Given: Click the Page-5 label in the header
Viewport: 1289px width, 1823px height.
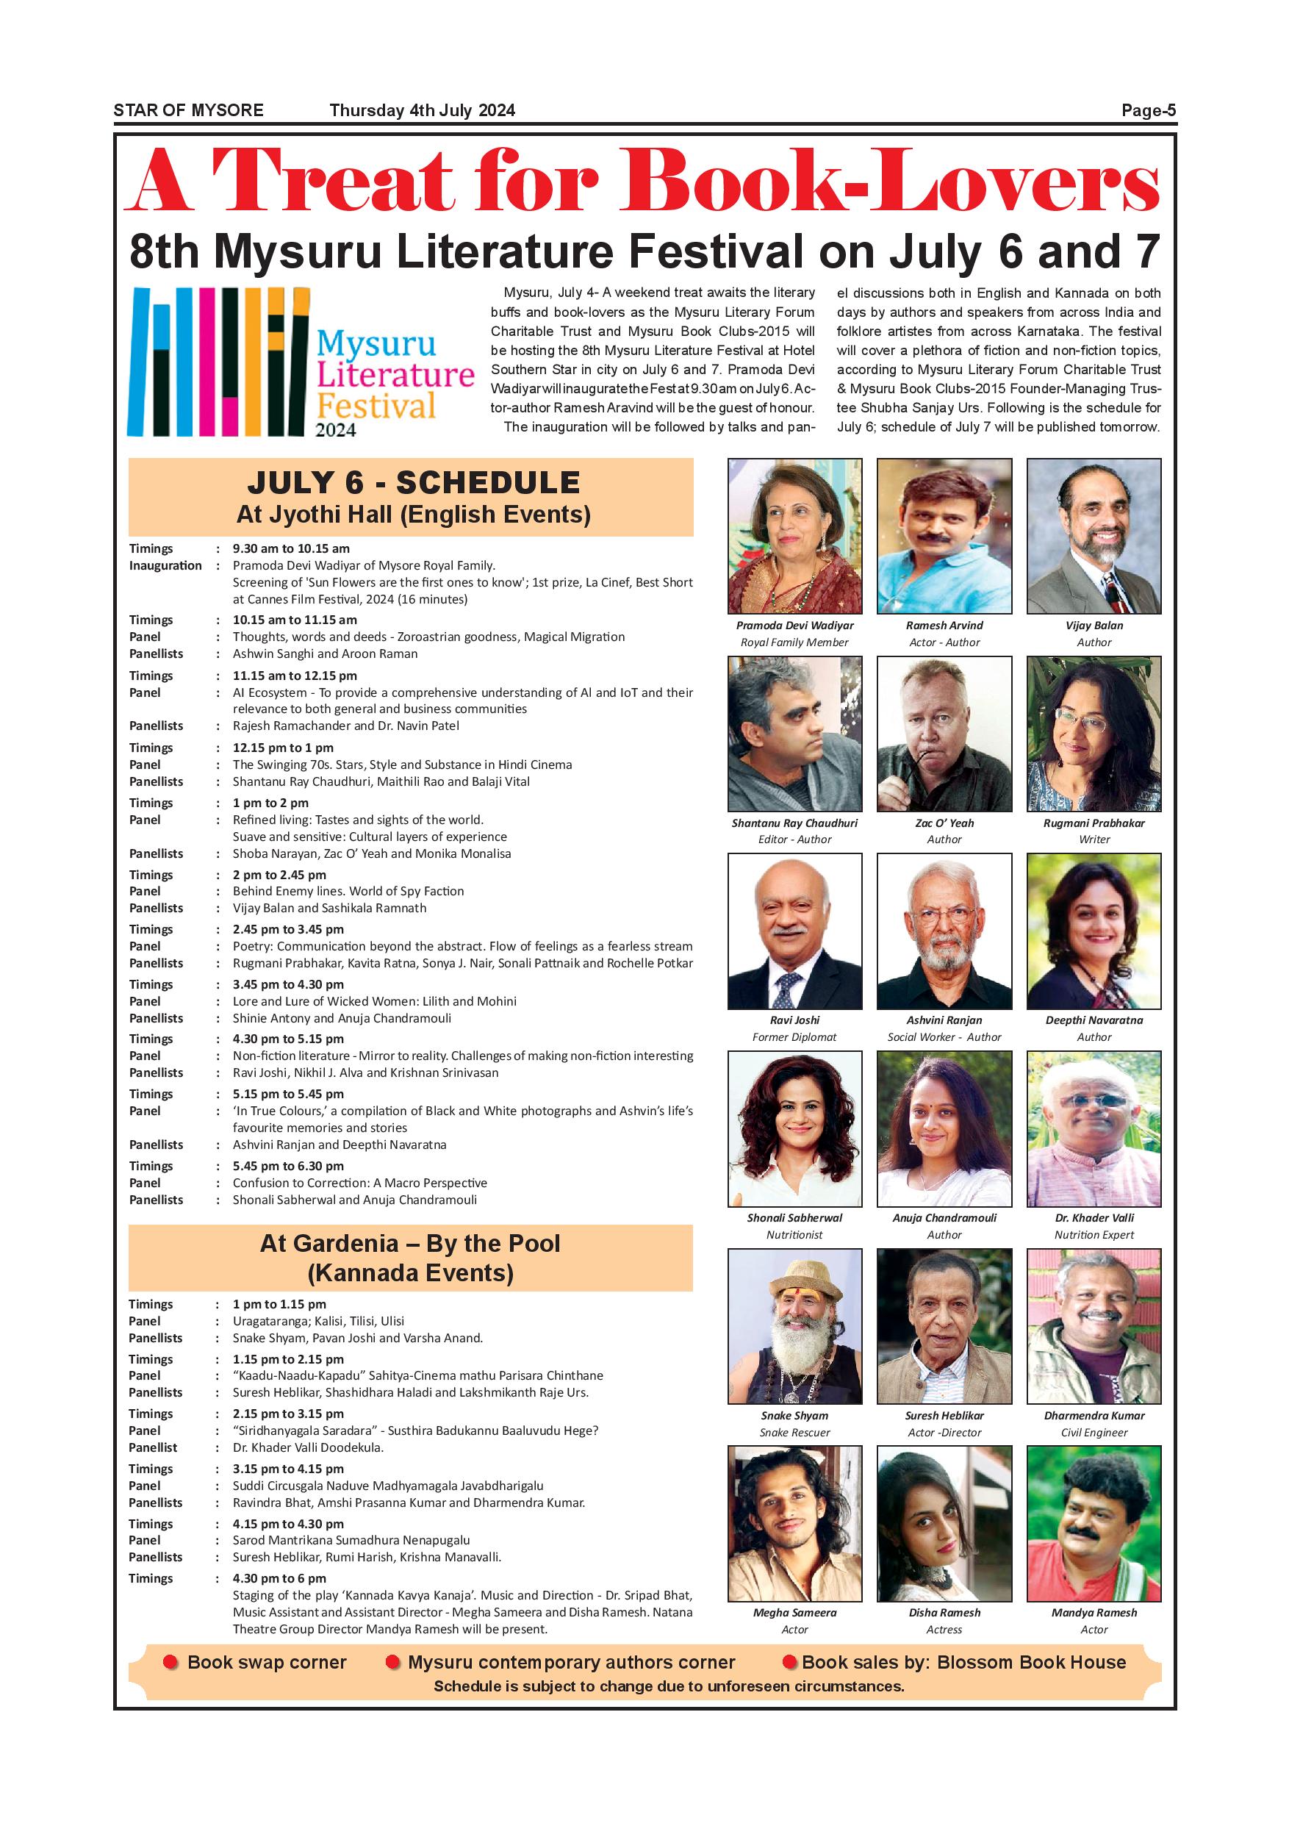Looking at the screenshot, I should tap(1148, 110).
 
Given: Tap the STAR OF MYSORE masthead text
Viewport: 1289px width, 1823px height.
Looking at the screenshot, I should tap(188, 110).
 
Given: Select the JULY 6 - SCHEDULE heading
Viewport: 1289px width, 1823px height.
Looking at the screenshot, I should tap(413, 483).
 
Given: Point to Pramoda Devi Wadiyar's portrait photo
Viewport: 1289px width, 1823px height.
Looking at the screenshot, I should tap(794, 536).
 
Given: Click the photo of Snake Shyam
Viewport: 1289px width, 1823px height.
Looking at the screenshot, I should tap(794, 1326).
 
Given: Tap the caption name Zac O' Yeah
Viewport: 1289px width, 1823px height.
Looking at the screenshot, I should tap(944, 823).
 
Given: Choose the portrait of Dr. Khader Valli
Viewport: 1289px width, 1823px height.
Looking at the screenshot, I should tap(1094, 1128).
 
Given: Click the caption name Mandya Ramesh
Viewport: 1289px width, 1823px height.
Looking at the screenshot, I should tap(1094, 1613).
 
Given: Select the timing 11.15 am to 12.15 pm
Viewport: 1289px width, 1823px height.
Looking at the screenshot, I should tap(295, 676).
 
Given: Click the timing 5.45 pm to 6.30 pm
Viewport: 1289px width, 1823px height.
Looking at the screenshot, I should tap(288, 1166).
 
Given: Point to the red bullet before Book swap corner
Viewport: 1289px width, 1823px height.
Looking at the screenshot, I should tap(170, 1662).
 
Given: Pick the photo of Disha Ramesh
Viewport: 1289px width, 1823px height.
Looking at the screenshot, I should tap(944, 1524).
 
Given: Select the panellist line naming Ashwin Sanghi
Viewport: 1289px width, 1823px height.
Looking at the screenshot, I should tap(325, 653).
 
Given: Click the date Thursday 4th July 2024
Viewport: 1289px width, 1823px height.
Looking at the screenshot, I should tap(423, 110).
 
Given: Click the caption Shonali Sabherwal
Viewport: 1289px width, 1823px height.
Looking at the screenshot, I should tap(794, 1217).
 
